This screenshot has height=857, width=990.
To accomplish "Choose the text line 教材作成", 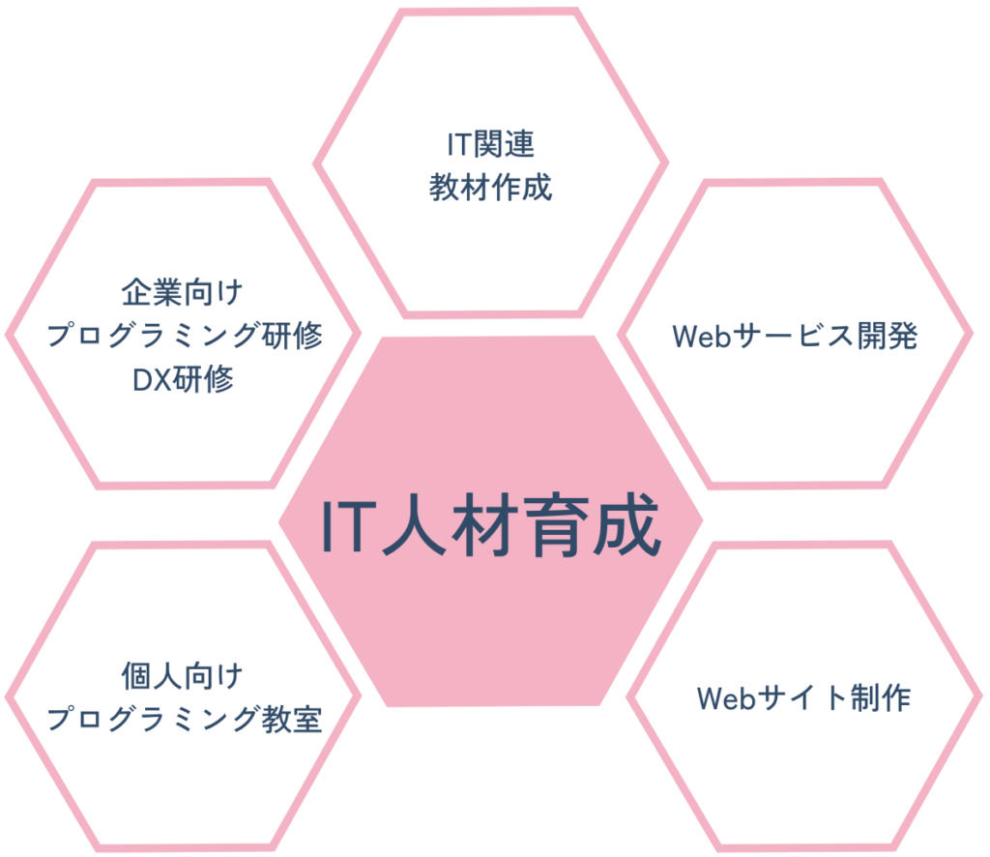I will (x=490, y=187).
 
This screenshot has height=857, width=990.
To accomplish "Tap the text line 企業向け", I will (x=184, y=290).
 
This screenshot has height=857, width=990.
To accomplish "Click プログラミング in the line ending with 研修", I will (x=153, y=335).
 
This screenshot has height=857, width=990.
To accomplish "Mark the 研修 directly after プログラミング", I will (x=291, y=335).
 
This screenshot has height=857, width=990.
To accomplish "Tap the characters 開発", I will (x=886, y=336).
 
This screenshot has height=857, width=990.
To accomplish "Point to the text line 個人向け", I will (x=184, y=674).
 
